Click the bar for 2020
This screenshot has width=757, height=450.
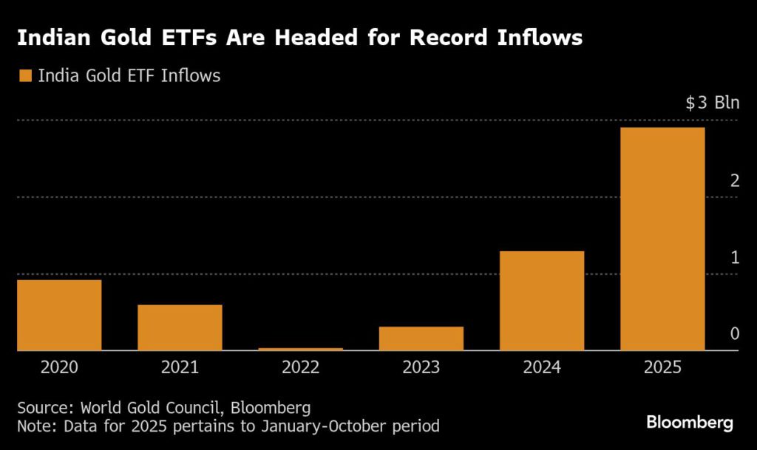click(x=59, y=315)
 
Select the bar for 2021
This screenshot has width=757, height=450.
click(x=180, y=327)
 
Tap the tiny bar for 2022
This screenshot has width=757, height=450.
click(x=300, y=349)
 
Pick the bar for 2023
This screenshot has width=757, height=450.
click(x=421, y=338)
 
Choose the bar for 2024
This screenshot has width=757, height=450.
click(x=542, y=301)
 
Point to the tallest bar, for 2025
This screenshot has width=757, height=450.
click(x=662, y=239)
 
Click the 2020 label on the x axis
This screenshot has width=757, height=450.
click(x=59, y=367)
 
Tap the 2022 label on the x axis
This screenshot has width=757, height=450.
click(x=300, y=367)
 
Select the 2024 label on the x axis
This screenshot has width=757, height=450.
click(x=542, y=367)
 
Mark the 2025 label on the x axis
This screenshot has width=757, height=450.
click(x=662, y=367)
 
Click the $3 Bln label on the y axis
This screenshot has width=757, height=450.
click(x=712, y=103)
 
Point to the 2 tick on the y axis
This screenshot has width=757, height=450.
click(x=734, y=180)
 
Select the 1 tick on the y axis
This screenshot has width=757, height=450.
click(x=734, y=257)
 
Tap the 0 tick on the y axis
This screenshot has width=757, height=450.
click(x=734, y=334)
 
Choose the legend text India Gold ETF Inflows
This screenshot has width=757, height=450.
click(x=129, y=75)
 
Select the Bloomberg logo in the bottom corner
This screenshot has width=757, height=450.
click(x=690, y=423)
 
